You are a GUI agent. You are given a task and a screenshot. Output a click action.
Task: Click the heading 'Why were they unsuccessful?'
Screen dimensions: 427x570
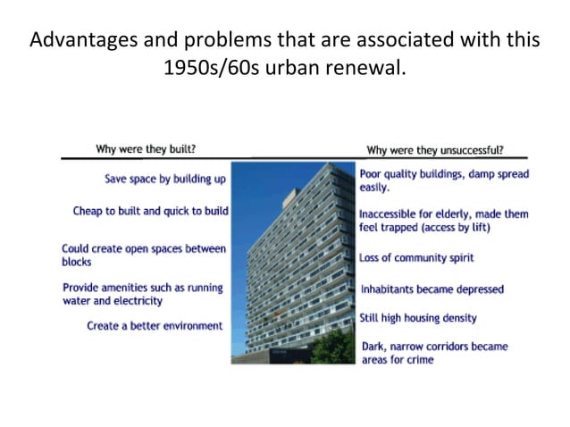click(434, 150)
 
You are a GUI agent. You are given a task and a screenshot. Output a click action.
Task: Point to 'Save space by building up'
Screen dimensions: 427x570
click(165, 179)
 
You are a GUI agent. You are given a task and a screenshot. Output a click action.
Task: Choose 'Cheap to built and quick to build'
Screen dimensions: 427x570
click(151, 212)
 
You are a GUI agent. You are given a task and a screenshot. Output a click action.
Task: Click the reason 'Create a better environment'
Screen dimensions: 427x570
click(155, 326)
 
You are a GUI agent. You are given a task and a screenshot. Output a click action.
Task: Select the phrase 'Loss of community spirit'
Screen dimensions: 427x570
click(416, 258)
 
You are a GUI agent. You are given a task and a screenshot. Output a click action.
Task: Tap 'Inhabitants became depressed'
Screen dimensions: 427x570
click(432, 289)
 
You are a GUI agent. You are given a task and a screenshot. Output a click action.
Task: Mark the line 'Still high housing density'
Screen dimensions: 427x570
click(418, 318)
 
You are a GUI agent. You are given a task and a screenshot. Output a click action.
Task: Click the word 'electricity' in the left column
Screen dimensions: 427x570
click(137, 301)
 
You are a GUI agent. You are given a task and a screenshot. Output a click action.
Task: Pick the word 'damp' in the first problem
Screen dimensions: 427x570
click(488, 172)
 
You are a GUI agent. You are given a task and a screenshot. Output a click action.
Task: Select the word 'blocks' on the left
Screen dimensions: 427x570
click(77, 263)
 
